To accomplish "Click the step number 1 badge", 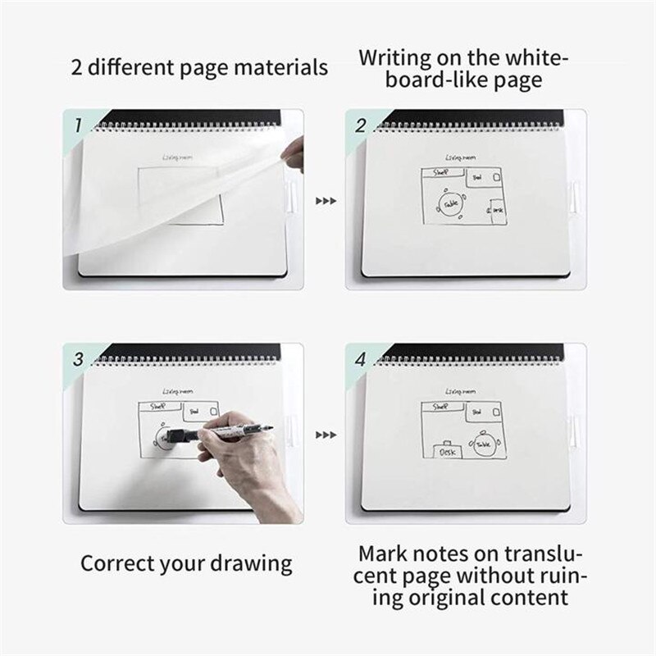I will tap(78, 125).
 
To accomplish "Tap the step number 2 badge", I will tap(359, 125).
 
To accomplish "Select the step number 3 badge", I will tap(78, 359).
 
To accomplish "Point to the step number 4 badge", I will tap(359, 359).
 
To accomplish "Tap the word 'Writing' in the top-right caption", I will tap(403, 58).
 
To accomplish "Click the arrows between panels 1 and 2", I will tap(326, 199).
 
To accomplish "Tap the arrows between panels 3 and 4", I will tap(326, 435).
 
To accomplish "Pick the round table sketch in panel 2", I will tap(450, 202).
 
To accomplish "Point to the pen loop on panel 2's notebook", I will tap(574, 199).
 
